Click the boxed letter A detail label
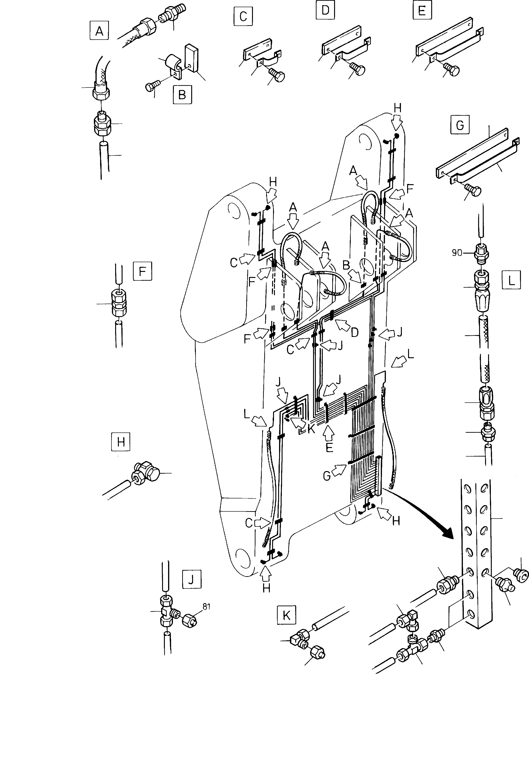pyautogui.click(x=99, y=31)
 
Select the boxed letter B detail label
pyautogui.click(x=182, y=95)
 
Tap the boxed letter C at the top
pyautogui.click(x=243, y=16)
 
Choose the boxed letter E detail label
pyautogui.click(x=422, y=11)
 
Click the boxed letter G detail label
pyautogui.click(x=460, y=125)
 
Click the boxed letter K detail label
pyautogui.click(x=286, y=615)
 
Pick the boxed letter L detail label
pyautogui.click(x=511, y=280)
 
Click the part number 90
pyautogui.click(x=457, y=253)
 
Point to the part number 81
pyautogui.click(x=206, y=607)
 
